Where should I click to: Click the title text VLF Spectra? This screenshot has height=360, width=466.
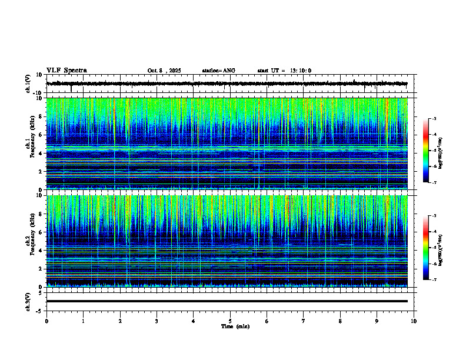(66, 71)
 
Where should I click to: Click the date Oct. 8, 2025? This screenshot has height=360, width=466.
(164, 71)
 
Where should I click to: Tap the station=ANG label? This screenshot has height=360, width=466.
(218, 71)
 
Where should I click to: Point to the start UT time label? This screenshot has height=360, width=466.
(284, 71)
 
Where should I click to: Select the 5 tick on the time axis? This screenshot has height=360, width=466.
(230, 321)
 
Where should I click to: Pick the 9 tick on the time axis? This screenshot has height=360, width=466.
(377, 321)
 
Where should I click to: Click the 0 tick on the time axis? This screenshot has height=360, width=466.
(46, 321)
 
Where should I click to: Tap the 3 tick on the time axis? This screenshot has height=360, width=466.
(157, 321)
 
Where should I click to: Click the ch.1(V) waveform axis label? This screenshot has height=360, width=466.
(28, 84)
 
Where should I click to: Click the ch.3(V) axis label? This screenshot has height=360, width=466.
(28, 301)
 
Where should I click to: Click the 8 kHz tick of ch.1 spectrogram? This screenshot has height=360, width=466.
(41, 116)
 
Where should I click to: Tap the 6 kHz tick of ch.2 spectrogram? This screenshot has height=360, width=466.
(41, 232)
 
